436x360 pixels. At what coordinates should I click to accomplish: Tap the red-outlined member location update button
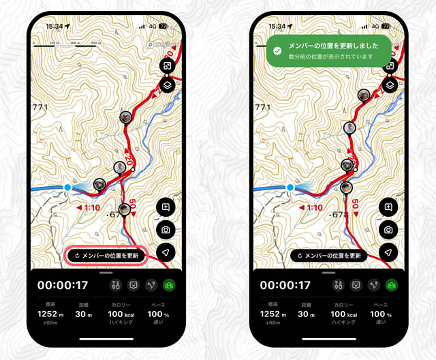pyautogui.click(x=106, y=256)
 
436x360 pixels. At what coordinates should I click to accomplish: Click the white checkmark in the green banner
pyautogui.click(x=278, y=50)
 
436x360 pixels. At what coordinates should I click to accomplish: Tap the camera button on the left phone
pyautogui.click(x=166, y=230)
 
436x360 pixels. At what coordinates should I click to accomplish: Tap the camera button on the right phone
pyautogui.click(x=388, y=230)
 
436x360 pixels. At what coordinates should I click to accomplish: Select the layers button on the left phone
pyautogui.click(x=166, y=85)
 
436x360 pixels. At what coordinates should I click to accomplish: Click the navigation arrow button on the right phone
pyautogui.click(x=388, y=252)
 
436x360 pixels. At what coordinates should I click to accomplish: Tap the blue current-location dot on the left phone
pyautogui.click(x=67, y=187)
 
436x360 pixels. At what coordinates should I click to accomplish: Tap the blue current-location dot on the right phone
pyautogui.click(x=290, y=187)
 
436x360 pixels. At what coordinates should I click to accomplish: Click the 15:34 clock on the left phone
pyautogui.click(x=55, y=26)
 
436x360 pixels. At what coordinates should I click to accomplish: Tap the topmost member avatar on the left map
pyautogui.click(x=125, y=117)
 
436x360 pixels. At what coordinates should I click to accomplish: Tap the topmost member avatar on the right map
pyautogui.click(x=364, y=95)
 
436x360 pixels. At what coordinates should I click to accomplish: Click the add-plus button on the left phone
pyautogui.click(x=166, y=207)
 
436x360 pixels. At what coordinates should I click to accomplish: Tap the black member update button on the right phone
pyautogui.click(x=329, y=256)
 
